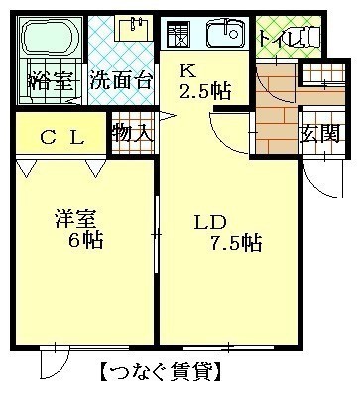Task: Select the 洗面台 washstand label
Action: click(x=121, y=79)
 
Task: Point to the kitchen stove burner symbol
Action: click(x=179, y=34)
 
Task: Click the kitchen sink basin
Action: click(x=226, y=34)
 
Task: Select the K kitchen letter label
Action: click(x=187, y=70)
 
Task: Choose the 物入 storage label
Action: click(x=133, y=133)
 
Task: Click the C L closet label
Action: click(x=61, y=137)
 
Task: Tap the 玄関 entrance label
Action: click(x=319, y=134)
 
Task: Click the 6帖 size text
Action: click(x=85, y=239)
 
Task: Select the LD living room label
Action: click(x=210, y=222)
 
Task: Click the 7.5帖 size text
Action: click(x=236, y=244)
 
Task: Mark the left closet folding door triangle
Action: click(x=27, y=168)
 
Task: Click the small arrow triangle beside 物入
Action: click(x=168, y=116)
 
